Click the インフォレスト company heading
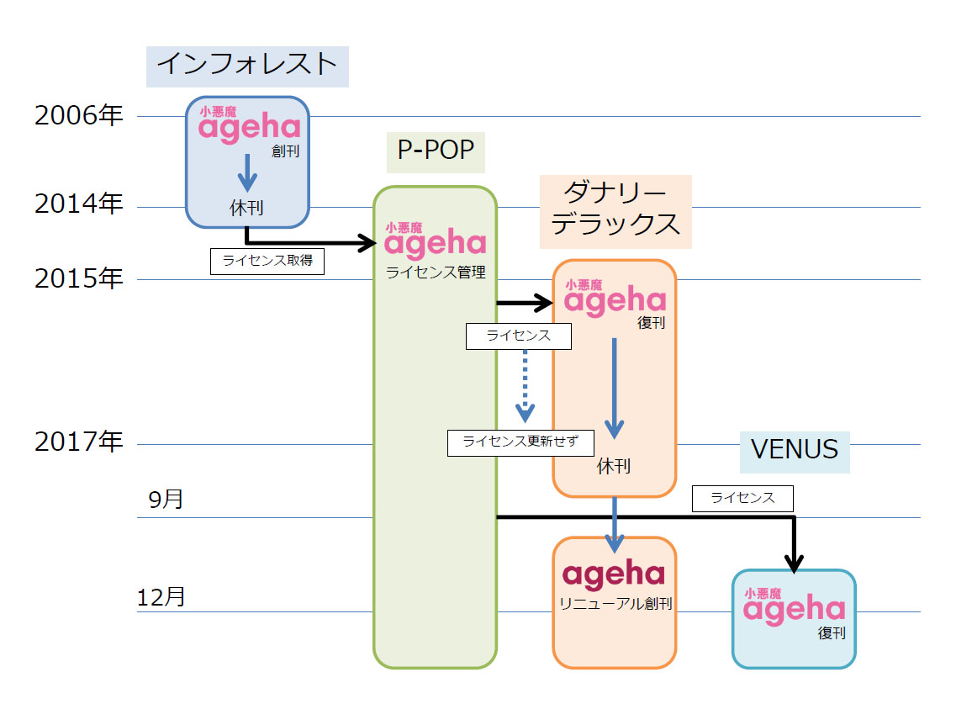[247, 65]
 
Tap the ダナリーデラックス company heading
[615, 210]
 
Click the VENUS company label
[794, 449]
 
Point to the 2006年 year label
[78, 116]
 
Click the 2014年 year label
[78, 205]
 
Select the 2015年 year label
[78, 278]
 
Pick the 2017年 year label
[78, 442]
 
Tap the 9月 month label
[166, 500]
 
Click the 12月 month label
[161, 597]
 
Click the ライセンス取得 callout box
[267, 261]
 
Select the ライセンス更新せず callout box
[520, 442]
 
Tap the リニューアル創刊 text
[615, 604]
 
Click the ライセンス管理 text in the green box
[436, 273]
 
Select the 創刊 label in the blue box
[285, 152]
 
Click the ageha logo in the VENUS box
[794, 606]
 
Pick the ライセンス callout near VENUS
[742, 498]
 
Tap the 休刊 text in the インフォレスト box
[246, 208]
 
